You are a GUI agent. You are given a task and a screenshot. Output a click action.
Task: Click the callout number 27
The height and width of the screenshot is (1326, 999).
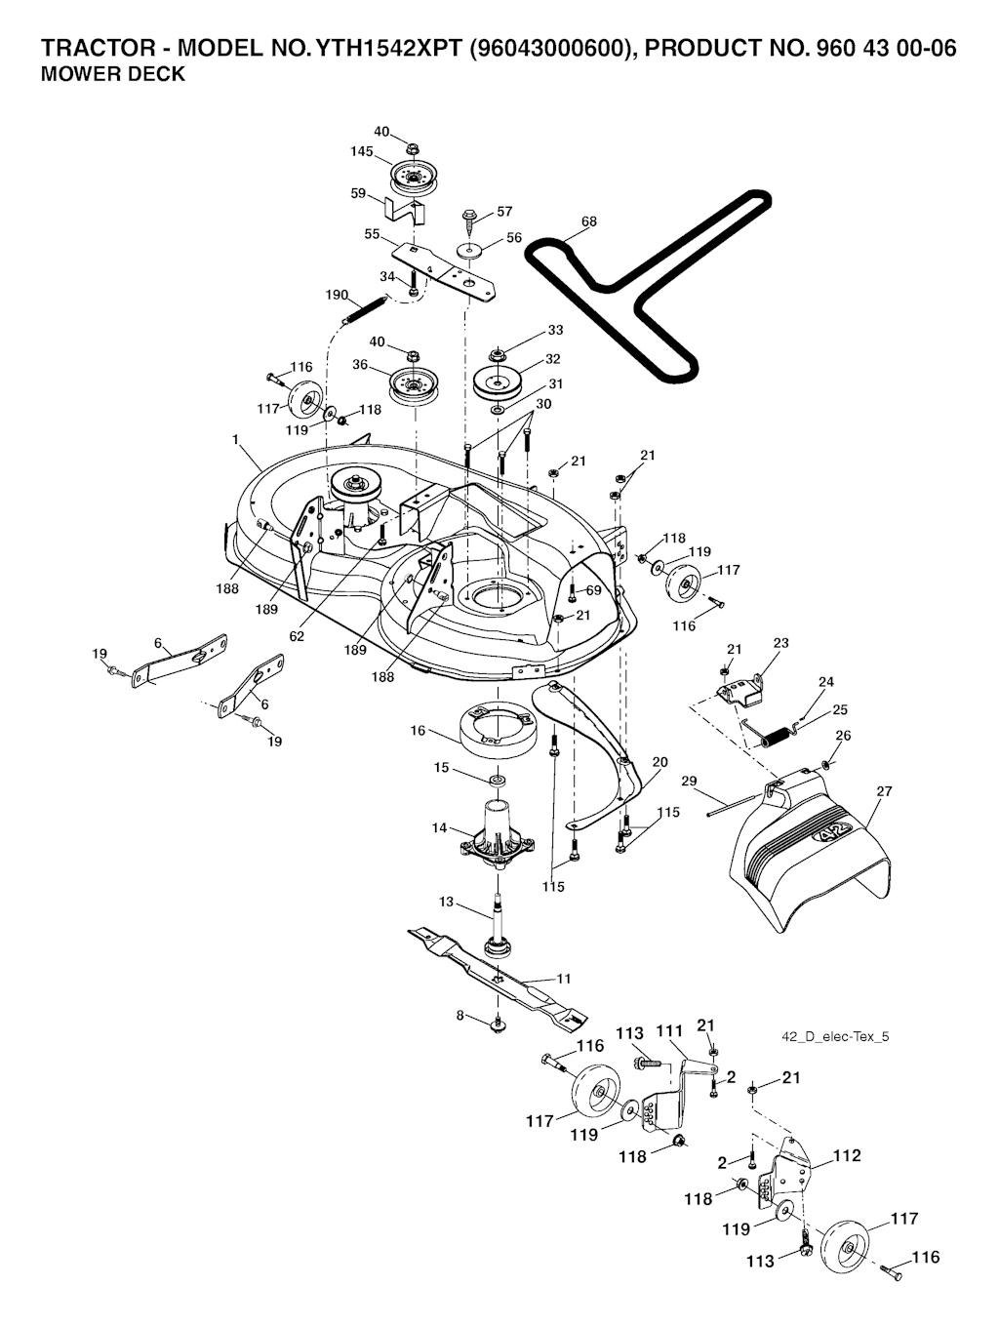coord(884,791)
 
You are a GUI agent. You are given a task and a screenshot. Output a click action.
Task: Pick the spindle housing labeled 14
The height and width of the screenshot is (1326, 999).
coord(499,834)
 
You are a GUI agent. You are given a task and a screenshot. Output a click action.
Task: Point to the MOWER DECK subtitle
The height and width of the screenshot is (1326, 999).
coord(112,75)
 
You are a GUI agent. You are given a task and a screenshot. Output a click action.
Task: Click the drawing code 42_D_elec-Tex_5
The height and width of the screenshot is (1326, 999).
coord(836,1037)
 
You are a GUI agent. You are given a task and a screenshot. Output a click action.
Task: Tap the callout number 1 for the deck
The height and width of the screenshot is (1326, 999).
coord(235,440)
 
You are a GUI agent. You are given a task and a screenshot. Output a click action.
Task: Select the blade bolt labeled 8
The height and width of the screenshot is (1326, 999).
coord(499,1023)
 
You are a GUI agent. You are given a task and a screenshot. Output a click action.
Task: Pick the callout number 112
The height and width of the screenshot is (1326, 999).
coord(847,1156)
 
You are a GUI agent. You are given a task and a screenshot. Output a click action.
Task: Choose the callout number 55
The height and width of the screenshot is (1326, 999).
coord(372,234)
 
